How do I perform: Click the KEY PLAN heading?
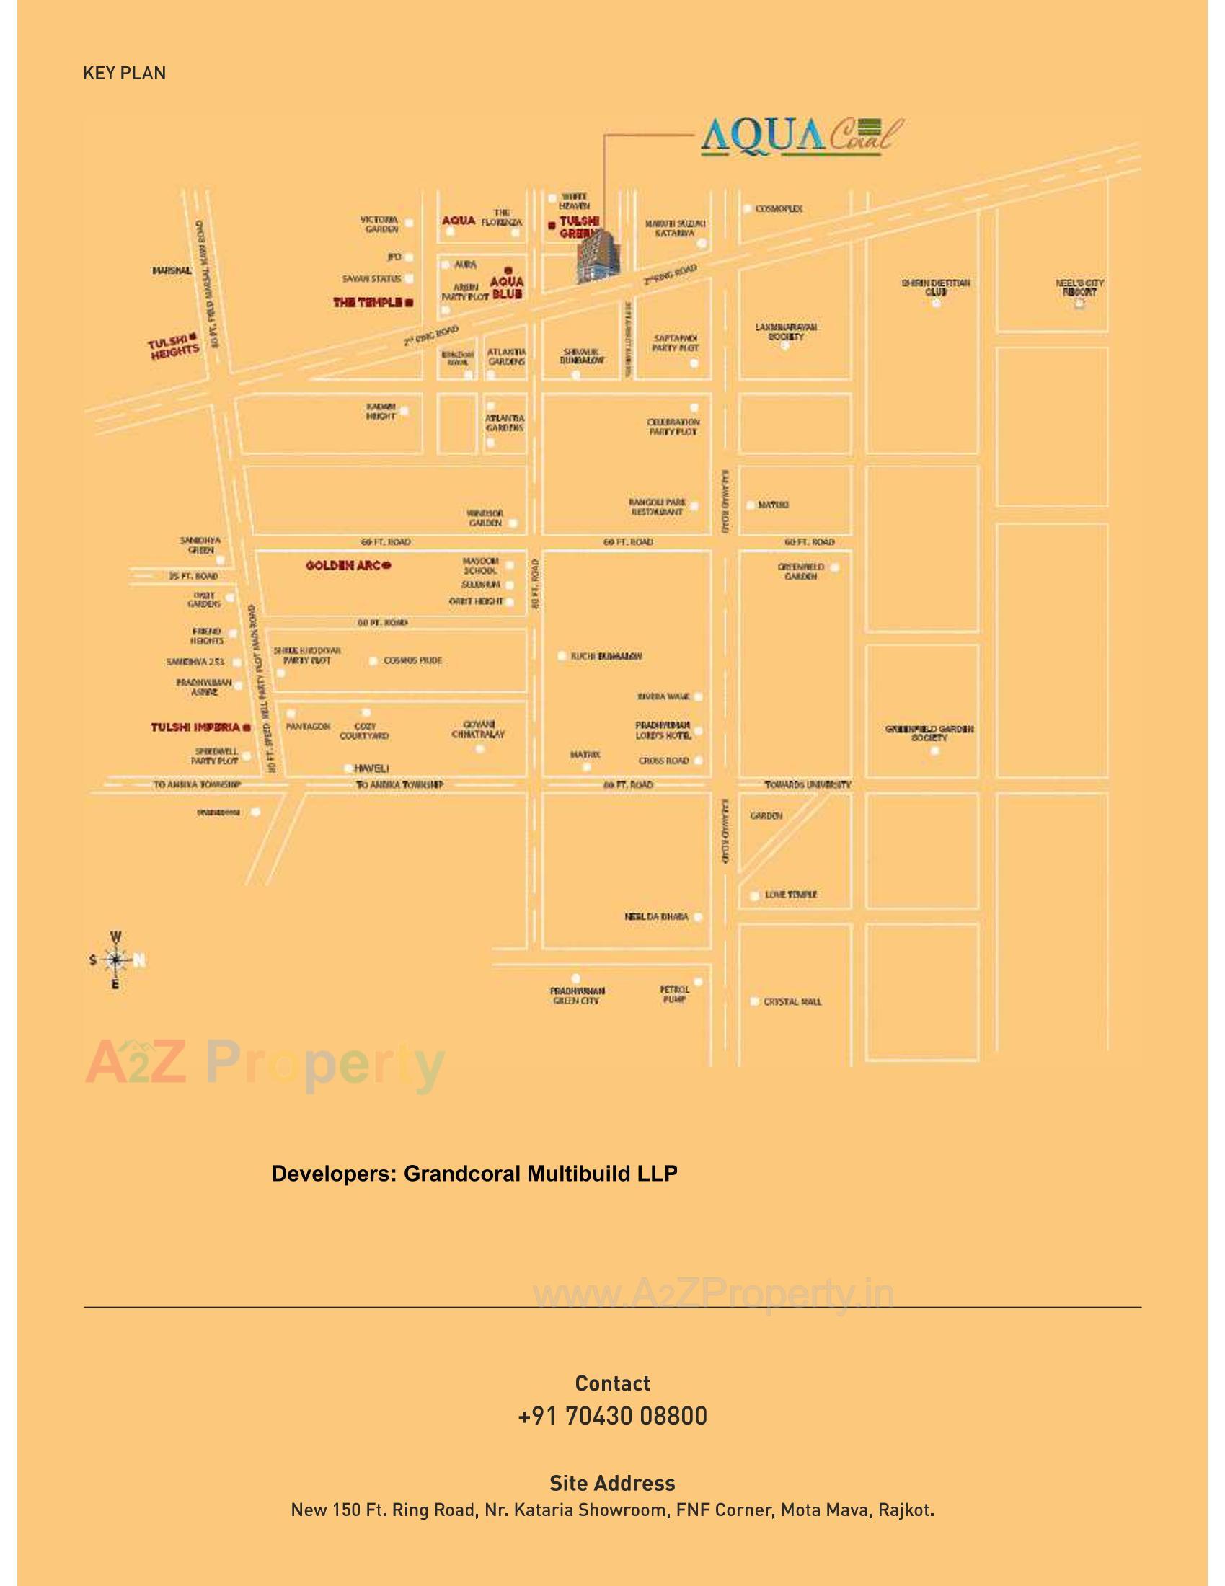tap(124, 73)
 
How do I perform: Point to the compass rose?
tap(115, 960)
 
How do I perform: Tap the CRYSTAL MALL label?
tap(792, 1001)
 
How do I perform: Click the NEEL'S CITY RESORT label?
tap(1079, 288)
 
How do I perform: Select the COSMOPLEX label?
tap(779, 208)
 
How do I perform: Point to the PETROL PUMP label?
tap(674, 994)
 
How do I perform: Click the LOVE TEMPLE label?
tap(790, 895)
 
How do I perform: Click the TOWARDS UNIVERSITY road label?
tap(808, 785)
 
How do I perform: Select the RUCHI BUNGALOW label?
tap(606, 657)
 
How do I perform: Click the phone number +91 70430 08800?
tap(612, 1416)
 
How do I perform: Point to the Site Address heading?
tap(612, 1483)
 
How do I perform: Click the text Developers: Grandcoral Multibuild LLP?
tap(474, 1174)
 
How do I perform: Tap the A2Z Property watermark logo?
tap(265, 1065)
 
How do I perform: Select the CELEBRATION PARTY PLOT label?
tap(673, 427)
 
